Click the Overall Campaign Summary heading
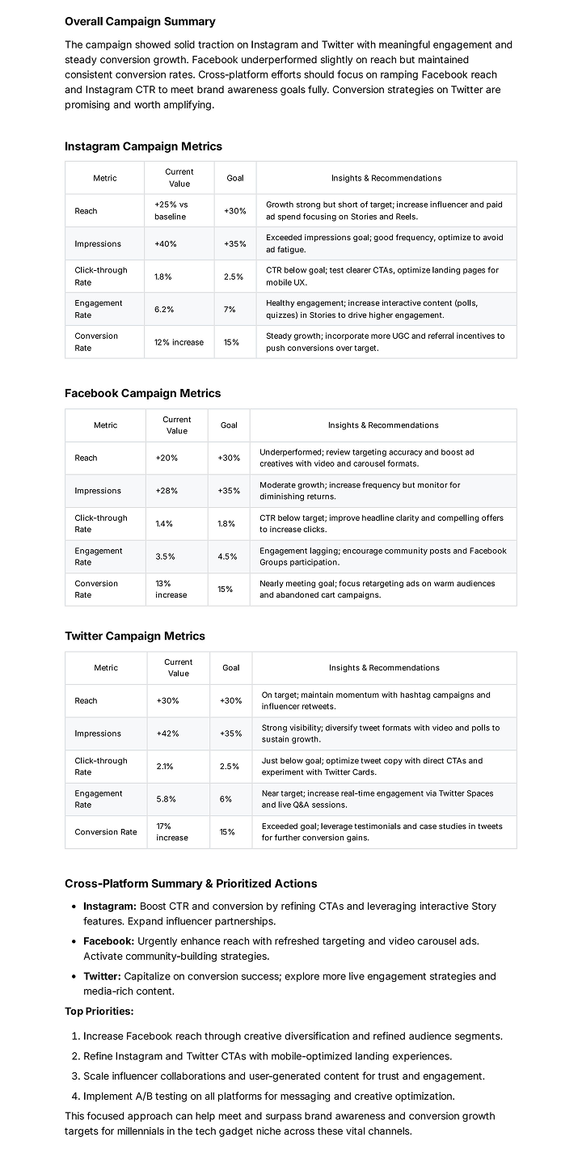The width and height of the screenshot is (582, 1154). click(140, 22)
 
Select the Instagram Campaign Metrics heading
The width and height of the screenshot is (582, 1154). click(143, 146)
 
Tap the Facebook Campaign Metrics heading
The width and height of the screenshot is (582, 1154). click(142, 393)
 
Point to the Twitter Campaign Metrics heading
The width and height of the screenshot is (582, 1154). click(135, 636)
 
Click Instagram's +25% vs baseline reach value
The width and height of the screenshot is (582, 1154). click(171, 210)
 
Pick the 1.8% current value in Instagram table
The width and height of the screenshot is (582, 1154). click(164, 277)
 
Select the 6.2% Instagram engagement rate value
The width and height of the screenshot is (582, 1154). click(164, 309)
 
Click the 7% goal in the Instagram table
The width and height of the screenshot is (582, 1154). click(230, 309)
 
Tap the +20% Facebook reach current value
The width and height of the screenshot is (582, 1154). click(167, 458)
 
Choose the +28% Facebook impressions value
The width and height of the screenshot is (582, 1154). click(167, 491)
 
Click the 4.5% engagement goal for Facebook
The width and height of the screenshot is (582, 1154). click(228, 556)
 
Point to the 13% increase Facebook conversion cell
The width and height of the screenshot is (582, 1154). click(171, 589)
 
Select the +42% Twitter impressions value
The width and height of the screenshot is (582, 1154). click(168, 733)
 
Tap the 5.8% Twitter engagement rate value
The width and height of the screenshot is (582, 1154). click(167, 799)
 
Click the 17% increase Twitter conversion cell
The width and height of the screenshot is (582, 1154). click(172, 831)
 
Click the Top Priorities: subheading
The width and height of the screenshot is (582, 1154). click(99, 1011)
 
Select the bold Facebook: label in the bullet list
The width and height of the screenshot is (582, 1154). click(108, 941)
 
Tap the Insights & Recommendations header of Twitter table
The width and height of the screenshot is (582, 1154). click(384, 668)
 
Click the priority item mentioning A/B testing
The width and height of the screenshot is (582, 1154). click(269, 1096)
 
